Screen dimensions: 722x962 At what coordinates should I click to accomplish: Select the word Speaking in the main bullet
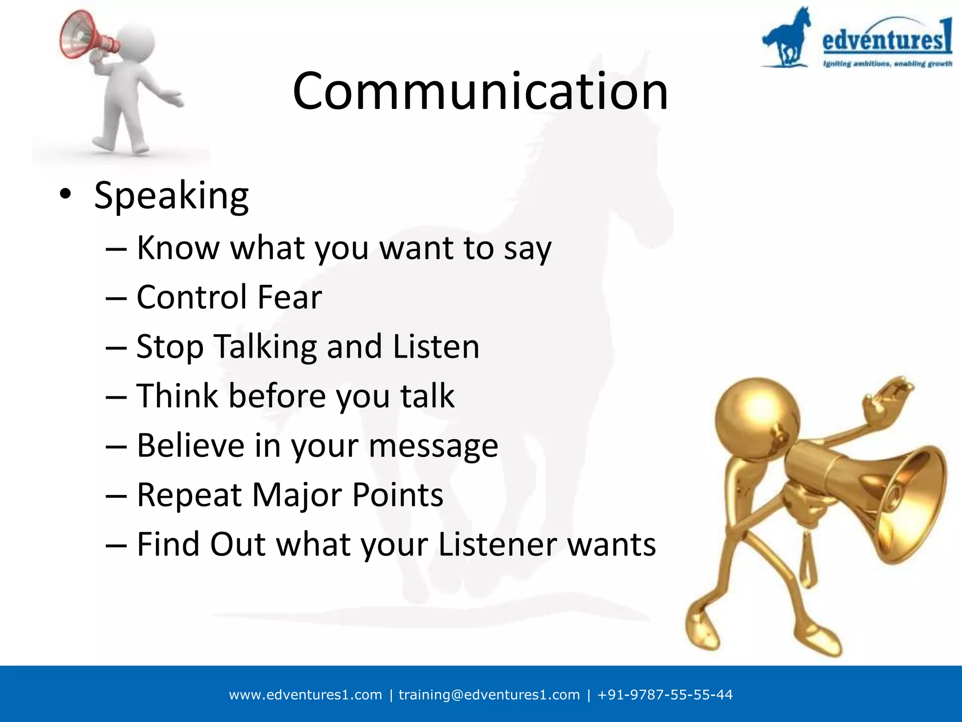[x=171, y=196]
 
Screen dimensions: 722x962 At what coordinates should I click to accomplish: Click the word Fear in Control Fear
[x=290, y=297]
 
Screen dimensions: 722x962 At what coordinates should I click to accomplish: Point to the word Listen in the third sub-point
[x=436, y=347]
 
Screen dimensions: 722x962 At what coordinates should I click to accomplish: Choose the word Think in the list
[x=177, y=396]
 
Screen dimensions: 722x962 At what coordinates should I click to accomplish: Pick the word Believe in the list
[x=190, y=445]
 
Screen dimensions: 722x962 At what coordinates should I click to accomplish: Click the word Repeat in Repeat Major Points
[x=189, y=495]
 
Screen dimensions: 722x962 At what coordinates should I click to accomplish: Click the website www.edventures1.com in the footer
[x=305, y=695]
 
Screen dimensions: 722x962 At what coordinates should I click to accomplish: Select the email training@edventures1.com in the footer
[x=489, y=695]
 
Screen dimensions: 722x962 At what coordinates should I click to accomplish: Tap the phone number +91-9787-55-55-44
[x=665, y=695]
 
